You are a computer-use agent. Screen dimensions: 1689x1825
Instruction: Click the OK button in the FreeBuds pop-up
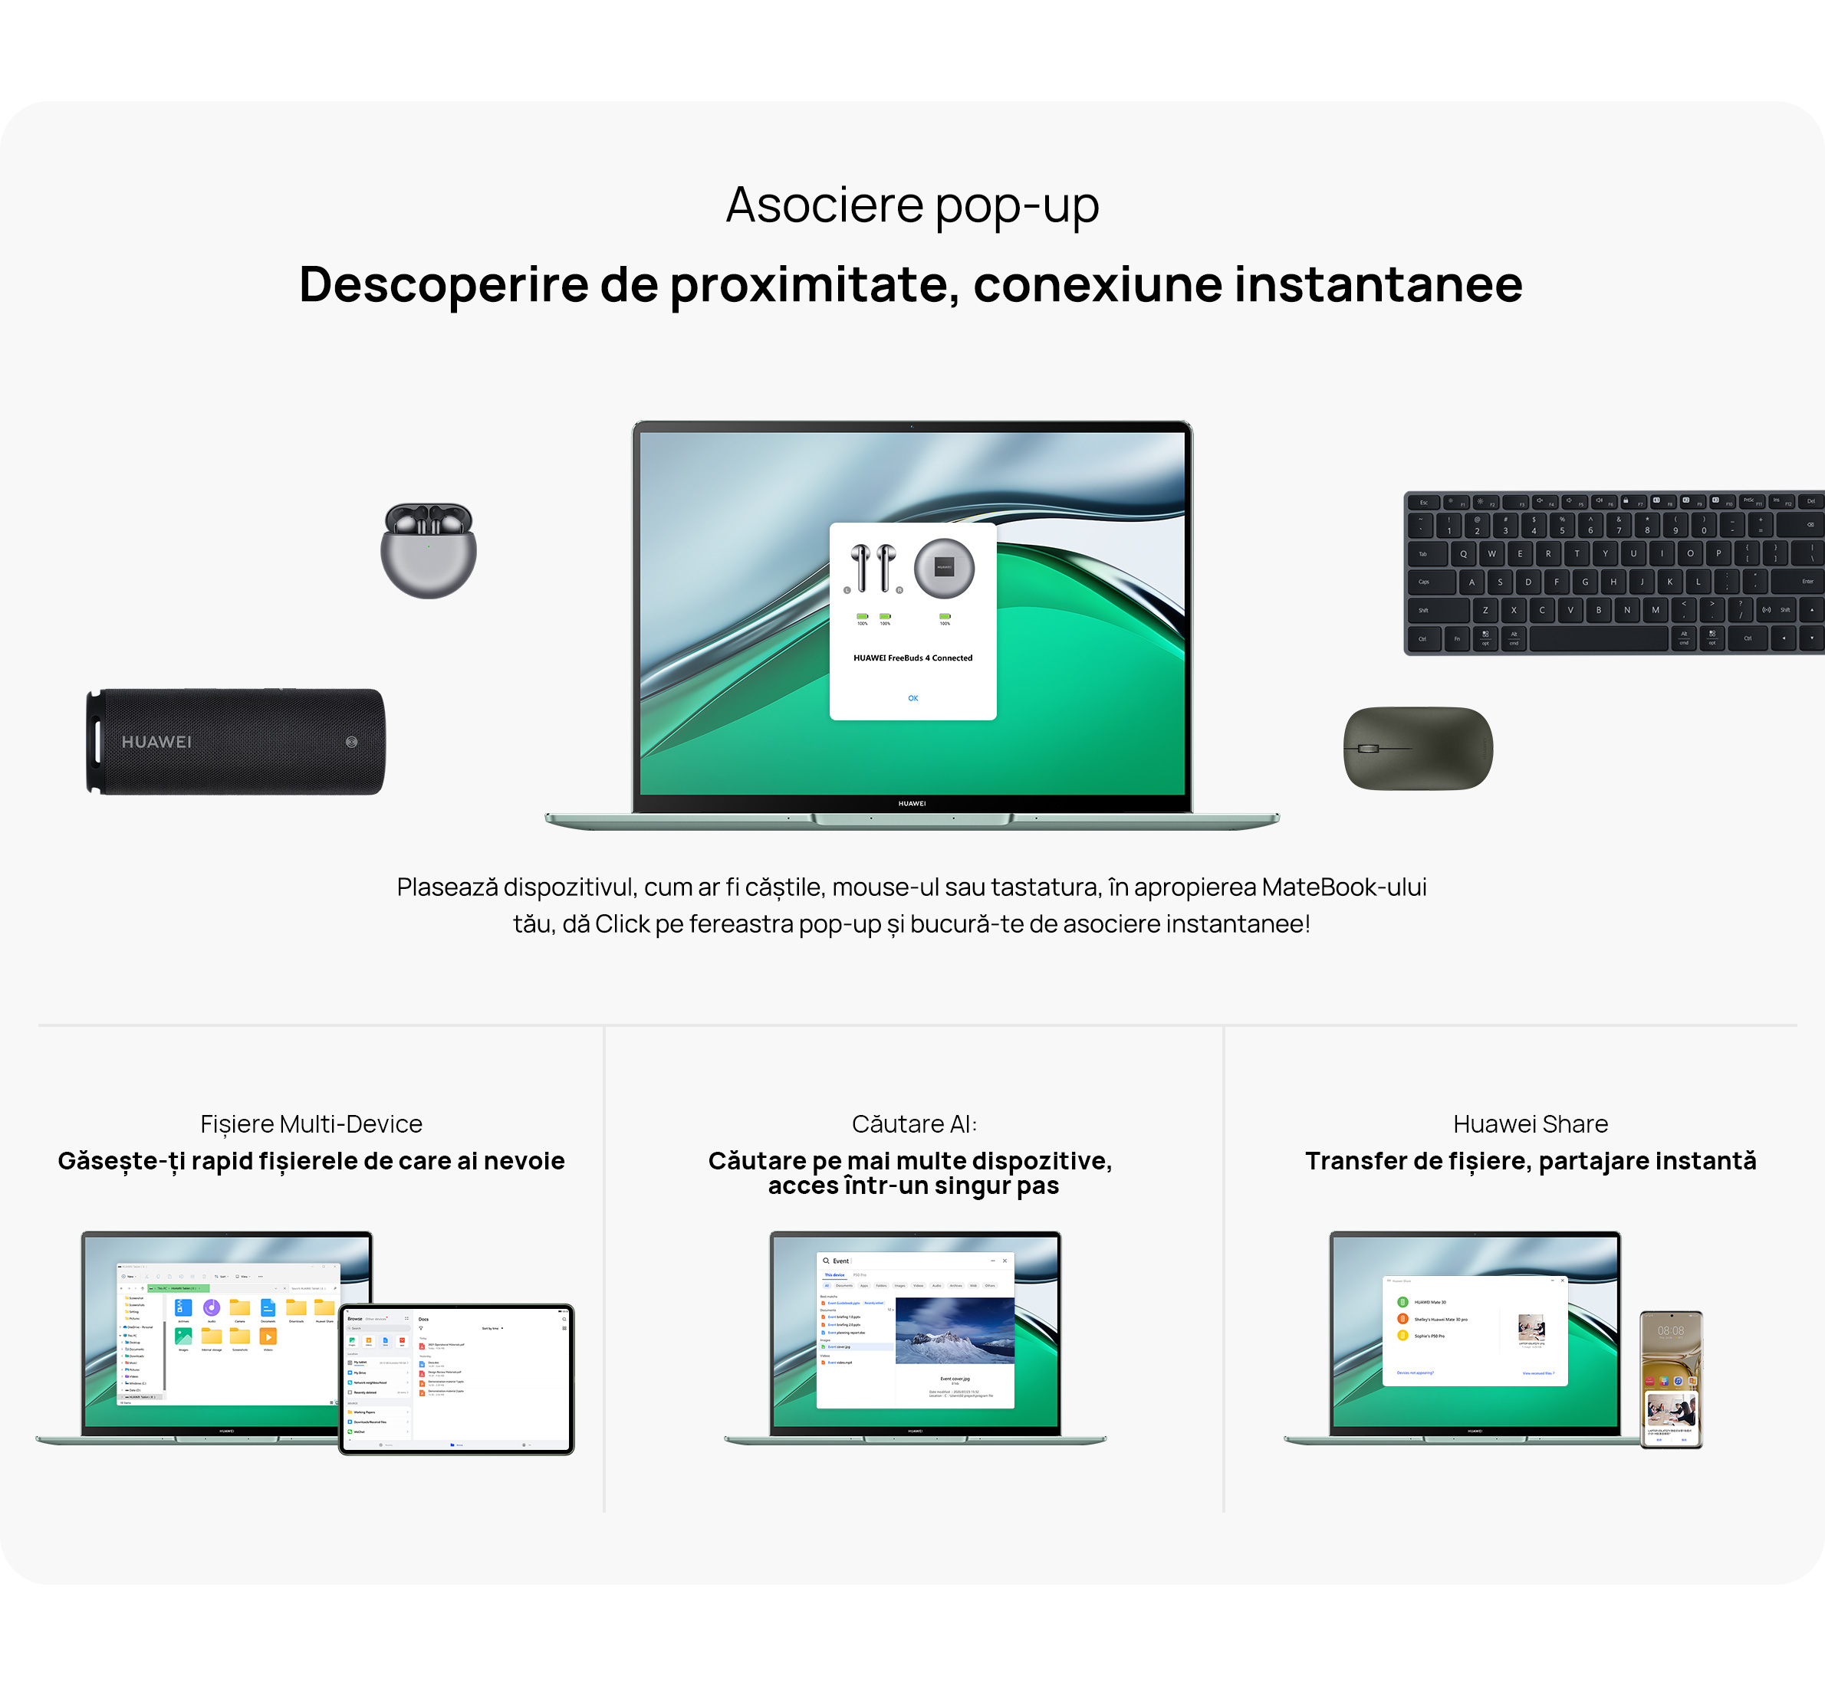[x=913, y=698]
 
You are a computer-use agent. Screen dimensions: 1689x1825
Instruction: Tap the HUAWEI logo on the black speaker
[x=156, y=742]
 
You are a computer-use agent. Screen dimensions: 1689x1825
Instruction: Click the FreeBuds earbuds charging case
[x=428, y=550]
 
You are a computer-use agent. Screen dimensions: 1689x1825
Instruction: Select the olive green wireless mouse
[x=1417, y=748]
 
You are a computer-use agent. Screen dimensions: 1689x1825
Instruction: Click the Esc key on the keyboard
[x=1424, y=503]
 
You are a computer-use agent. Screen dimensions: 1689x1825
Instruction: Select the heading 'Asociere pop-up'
[x=912, y=205]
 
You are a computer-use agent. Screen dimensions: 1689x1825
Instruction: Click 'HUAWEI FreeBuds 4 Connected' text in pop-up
[x=913, y=658]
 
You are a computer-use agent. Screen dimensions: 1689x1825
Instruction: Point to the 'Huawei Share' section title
[x=1530, y=1124]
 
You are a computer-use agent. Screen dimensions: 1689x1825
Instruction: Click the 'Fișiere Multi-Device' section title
[x=311, y=1124]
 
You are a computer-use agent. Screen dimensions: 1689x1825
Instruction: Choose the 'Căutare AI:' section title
[x=914, y=1124]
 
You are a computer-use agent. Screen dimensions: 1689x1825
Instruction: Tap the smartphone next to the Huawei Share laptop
[x=1670, y=1380]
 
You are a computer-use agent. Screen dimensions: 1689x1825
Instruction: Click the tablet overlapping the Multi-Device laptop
[x=456, y=1379]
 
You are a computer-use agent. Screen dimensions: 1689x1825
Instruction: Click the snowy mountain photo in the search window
[x=955, y=1330]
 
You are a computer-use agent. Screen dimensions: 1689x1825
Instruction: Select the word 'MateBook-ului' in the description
[x=1343, y=887]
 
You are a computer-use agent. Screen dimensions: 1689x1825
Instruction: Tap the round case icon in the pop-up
[x=944, y=568]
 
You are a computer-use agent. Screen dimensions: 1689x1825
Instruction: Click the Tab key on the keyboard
[x=1424, y=554]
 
